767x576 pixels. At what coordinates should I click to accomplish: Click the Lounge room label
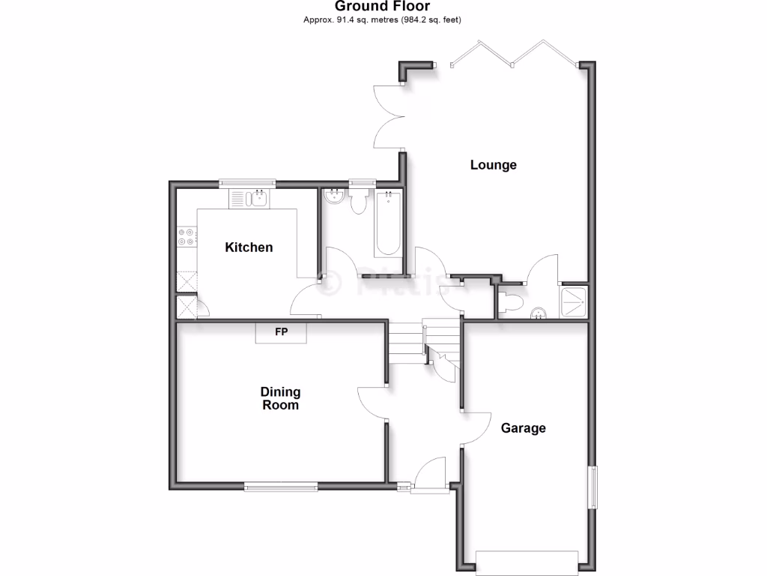click(x=493, y=165)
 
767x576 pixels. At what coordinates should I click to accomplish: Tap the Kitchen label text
click(x=249, y=247)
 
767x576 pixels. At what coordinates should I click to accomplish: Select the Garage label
click(x=523, y=428)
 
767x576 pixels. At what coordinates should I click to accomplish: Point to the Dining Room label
click(x=280, y=398)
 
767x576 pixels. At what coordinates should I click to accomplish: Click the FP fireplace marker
click(x=281, y=331)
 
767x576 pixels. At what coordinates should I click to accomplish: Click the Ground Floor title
click(x=382, y=7)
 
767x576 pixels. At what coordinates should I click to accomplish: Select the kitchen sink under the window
click(x=259, y=199)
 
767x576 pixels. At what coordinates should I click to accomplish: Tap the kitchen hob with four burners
click(x=186, y=237)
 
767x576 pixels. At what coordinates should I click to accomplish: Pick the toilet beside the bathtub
click(x=358, y=201)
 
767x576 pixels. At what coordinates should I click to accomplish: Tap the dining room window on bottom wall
click(x=280, y=487)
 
